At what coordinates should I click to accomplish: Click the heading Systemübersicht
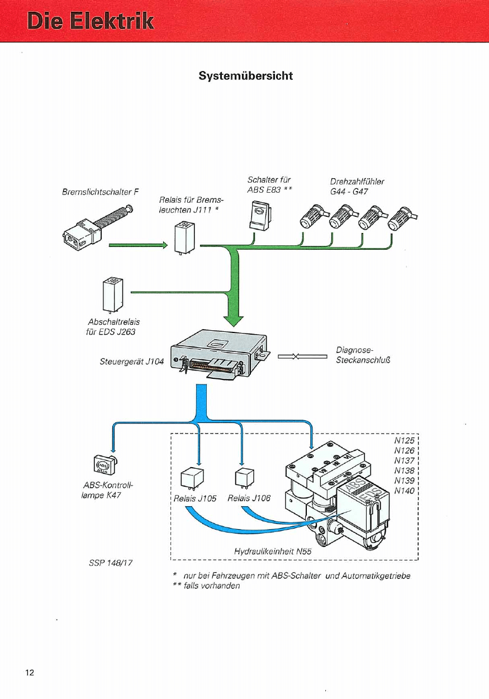(245, 75)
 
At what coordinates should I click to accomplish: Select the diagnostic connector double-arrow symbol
(302, 355)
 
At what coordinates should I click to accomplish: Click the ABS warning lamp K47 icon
(105, 464)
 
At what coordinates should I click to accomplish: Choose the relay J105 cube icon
(191, 477)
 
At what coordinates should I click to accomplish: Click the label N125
(403, 441)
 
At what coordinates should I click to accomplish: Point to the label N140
(403, 491)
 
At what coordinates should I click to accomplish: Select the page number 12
(30, 672)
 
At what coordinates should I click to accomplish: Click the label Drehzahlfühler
(357, 181)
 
